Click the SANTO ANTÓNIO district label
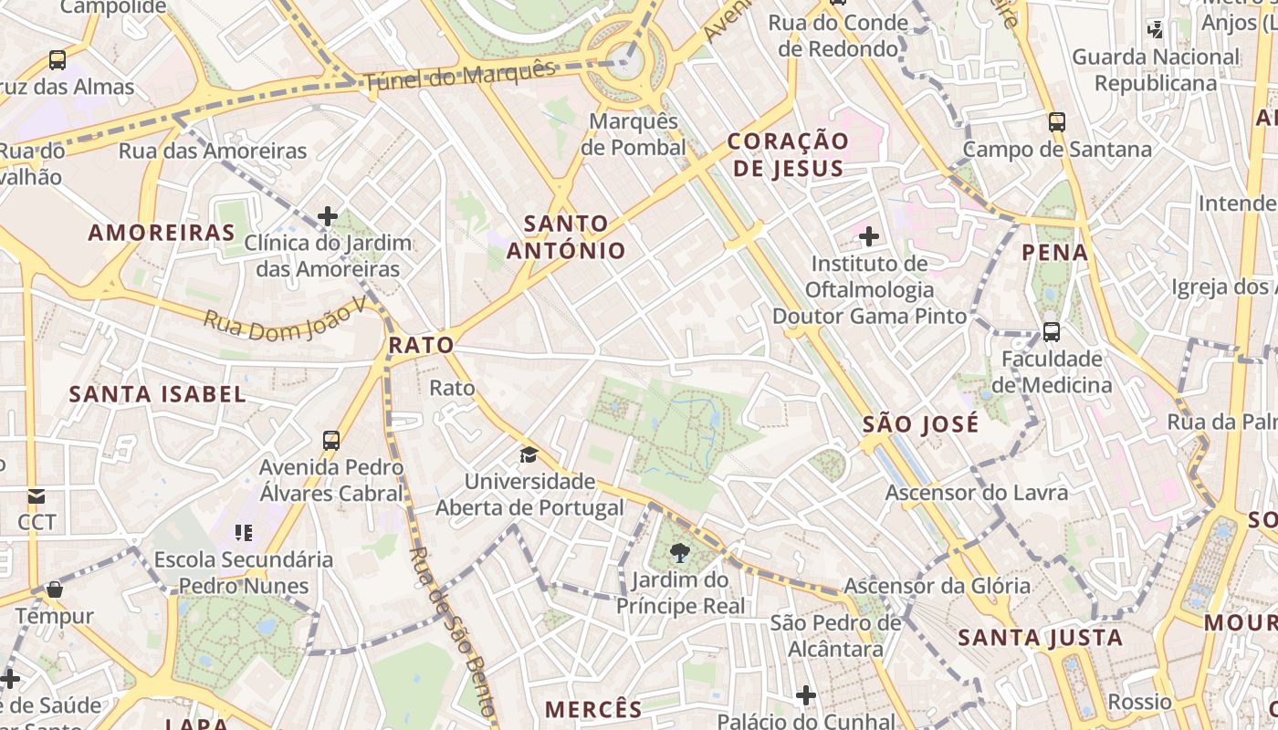click(566, 236)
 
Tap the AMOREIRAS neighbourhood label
click(162, 233)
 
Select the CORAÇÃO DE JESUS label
click(787, 154)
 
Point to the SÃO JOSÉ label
click(920, 424)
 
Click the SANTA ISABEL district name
click(158, 394)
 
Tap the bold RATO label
click(421, 345)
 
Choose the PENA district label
click(1055, 253)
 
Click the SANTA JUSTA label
click(1040, 638)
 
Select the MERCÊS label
click(593, 709)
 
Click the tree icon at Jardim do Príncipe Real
click(679, 552)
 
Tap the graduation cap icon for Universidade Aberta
click(529, 454)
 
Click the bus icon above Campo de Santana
click(1057, 121)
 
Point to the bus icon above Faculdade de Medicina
click(1052, 331)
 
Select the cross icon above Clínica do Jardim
click(328, 216)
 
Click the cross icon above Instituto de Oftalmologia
click(869, 237)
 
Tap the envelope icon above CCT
click(37, 496)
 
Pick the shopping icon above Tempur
click(55, 589)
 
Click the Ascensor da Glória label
click(937, 585)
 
